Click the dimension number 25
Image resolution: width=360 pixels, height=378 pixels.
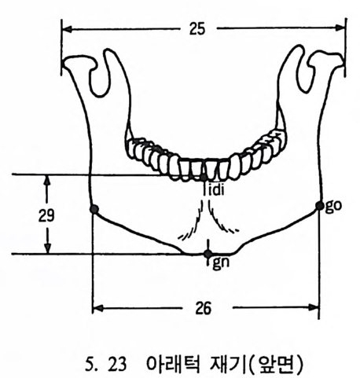[197, 29]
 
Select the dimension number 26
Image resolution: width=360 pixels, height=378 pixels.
[204, 308]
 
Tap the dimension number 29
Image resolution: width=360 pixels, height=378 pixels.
[46, 215]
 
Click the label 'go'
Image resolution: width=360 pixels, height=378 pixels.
[333, 206]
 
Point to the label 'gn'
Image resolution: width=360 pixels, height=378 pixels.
[221, 263]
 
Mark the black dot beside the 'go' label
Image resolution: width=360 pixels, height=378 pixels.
[319, 206]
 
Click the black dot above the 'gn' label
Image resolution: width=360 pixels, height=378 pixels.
[208, 254]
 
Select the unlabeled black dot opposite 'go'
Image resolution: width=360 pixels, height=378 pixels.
[94, 209]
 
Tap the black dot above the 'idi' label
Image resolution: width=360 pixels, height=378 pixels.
[204, 178]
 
